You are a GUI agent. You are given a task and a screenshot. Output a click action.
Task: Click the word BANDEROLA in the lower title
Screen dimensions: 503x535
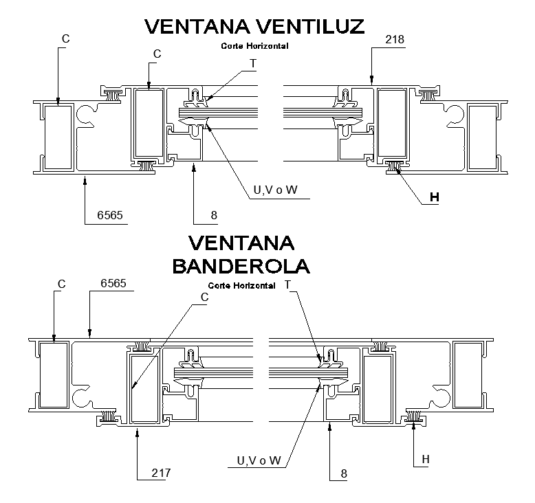coord(241,266)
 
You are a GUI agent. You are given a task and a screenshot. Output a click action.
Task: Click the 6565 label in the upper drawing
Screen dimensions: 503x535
coord(110,215)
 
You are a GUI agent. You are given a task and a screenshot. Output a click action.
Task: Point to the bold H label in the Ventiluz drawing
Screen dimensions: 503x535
coord(433,197)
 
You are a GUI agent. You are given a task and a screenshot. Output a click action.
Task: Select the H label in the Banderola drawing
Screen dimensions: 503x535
coord(425,459)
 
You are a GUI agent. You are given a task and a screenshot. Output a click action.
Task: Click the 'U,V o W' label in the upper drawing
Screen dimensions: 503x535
coord(276,190)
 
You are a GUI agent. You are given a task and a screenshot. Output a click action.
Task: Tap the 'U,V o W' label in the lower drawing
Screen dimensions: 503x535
coord(259,460)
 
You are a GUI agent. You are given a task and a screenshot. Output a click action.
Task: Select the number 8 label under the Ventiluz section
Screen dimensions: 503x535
coord(214,215)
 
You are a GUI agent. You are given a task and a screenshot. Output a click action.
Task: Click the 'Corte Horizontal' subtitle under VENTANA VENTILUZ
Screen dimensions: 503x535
coord(254,46)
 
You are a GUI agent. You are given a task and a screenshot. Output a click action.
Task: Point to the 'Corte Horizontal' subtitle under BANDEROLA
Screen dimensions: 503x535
coord(241,284)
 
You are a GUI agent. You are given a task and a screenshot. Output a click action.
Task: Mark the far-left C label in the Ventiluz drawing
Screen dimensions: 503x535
coord(65,39)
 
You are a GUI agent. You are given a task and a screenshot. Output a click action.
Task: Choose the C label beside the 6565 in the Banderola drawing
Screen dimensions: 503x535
coord(61,283)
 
